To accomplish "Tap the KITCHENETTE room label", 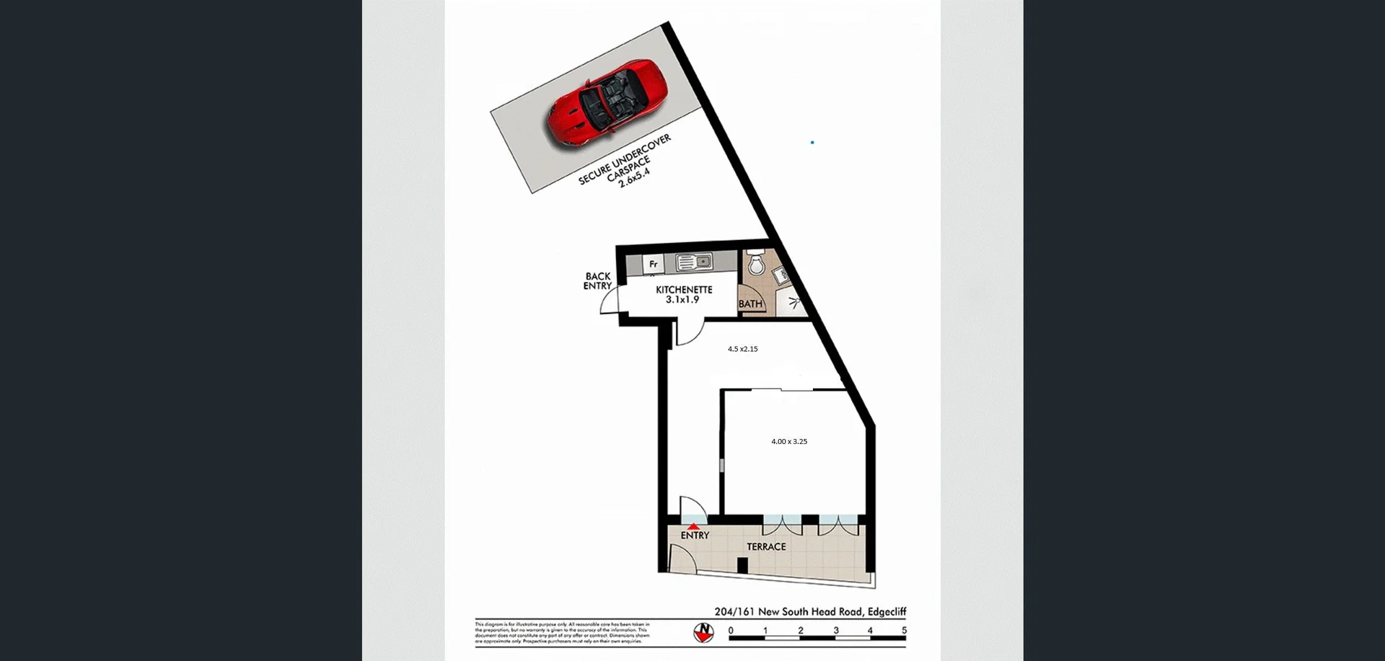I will (684, 290).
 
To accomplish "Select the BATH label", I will (750, 303).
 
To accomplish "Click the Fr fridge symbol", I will (653, 264).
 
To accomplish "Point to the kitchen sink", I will (694, 262).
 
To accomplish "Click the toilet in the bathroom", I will (755, 264).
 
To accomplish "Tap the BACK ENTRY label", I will (597, 281).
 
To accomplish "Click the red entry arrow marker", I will (693, 527).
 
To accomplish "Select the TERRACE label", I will (766, 546).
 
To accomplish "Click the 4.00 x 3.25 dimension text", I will (789, 441).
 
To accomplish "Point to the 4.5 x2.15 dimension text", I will (742, 349).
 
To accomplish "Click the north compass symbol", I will (703, 632).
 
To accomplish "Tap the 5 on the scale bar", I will (904, 630).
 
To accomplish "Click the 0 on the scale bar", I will (731, 630).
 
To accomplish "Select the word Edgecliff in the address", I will (887, 611).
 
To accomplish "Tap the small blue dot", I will (812, 143).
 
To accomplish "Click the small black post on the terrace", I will (742, 566).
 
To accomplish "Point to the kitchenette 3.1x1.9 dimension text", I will (682, 300).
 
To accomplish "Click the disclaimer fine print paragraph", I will (562, 632).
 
